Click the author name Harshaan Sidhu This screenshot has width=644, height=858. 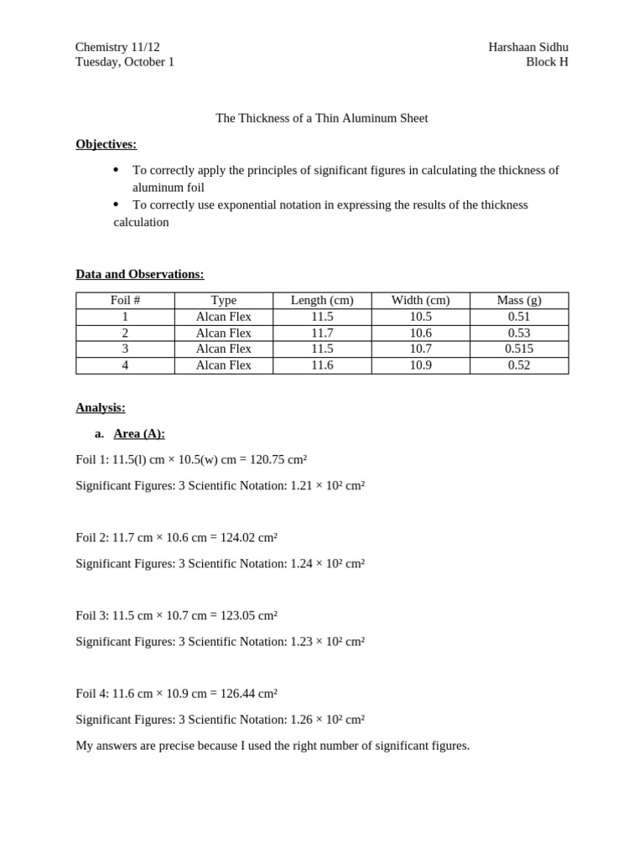click(x=527, y=47)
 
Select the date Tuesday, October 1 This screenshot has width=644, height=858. click(x=125, y=62)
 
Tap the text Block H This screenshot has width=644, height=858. click(x=547, y=62)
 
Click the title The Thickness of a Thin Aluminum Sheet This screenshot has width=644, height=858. click(x=322, y=118)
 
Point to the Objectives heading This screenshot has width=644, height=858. click(x=106, y=144)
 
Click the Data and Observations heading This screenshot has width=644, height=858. click(x=139, y=274)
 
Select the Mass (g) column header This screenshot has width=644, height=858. click(x=519, y=300)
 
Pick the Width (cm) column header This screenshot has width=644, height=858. click(x=420, y=300)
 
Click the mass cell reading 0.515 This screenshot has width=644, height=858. click(x=519, y=349)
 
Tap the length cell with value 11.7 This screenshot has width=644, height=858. click(x=322, y=333)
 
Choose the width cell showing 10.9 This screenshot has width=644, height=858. click(x=420, y=365)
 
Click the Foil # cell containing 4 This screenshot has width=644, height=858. click(x=125, y=365)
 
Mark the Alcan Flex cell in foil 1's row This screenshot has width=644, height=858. click(x=223, y=317)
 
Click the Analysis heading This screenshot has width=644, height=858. click(x=101, y=408)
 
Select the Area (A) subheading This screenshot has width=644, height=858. click(x=139, y=434)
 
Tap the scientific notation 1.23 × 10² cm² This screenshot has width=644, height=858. click(x=327, y=642)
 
